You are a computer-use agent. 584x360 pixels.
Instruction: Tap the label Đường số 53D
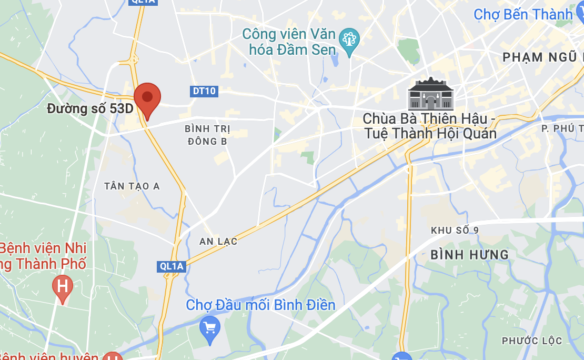[90, 109]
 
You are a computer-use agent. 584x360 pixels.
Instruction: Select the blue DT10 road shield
[204, 91]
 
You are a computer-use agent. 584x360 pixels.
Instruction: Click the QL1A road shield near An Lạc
[172, 267]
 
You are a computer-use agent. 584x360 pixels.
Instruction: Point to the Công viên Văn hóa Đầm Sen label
[289, 42]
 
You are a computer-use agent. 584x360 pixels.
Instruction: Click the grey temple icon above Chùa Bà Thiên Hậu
[430, 94]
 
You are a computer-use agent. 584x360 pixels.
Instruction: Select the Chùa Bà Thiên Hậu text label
[429, 126]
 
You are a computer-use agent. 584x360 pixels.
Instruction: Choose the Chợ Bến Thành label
[523, 14]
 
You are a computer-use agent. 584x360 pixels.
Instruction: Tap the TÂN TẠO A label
[132, 186]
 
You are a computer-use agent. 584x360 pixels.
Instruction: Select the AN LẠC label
[218, 242]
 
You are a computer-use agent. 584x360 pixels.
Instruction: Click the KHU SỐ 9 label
[455, 231]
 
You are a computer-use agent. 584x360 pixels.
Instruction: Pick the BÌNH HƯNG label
[469, 255]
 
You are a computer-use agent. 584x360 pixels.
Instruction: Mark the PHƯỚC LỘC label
[531, 341]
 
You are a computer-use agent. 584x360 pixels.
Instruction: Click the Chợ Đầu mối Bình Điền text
[260, 305]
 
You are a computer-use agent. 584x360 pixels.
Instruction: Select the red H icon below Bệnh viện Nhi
[63, 287]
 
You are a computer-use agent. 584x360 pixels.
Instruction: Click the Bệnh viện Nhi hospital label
[42, 256]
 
